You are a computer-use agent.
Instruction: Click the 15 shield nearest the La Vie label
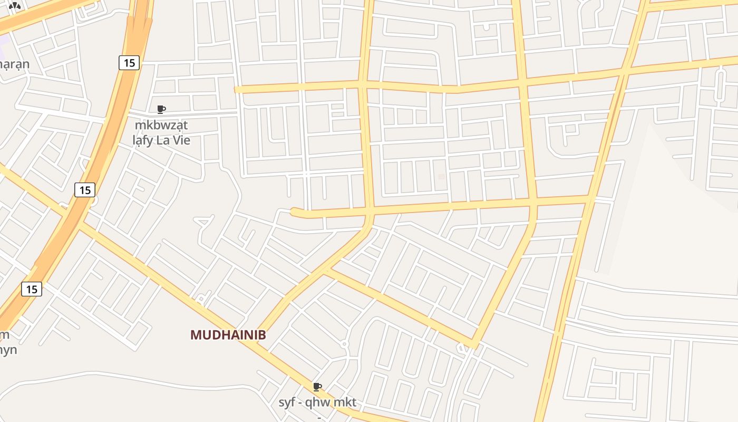(x=129, y=63)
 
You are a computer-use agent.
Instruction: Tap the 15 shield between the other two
(x=85, y=189)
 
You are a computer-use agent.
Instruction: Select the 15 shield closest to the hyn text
(x=32, y=289)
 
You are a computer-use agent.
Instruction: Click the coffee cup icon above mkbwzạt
(x=161, y=110)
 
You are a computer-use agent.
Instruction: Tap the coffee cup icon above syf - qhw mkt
(x=317, y=387)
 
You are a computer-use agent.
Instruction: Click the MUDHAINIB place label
(x=228, y=335)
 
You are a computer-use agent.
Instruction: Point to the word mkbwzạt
(x=161, y=126)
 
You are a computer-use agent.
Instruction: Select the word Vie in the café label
(x=180, y=140)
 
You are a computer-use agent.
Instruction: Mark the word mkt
(x=346, y=402)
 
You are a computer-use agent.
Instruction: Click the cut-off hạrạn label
(x=14, y=64)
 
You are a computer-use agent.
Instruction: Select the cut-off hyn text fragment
(x=8, y=350)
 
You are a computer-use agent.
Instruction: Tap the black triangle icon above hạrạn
(x=14, y=6)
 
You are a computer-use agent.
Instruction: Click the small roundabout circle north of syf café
(x=344, y=344)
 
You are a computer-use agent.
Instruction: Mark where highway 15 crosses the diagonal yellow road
(x=74, y=219)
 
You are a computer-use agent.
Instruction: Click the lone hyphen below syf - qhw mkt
(x=319, y=416)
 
